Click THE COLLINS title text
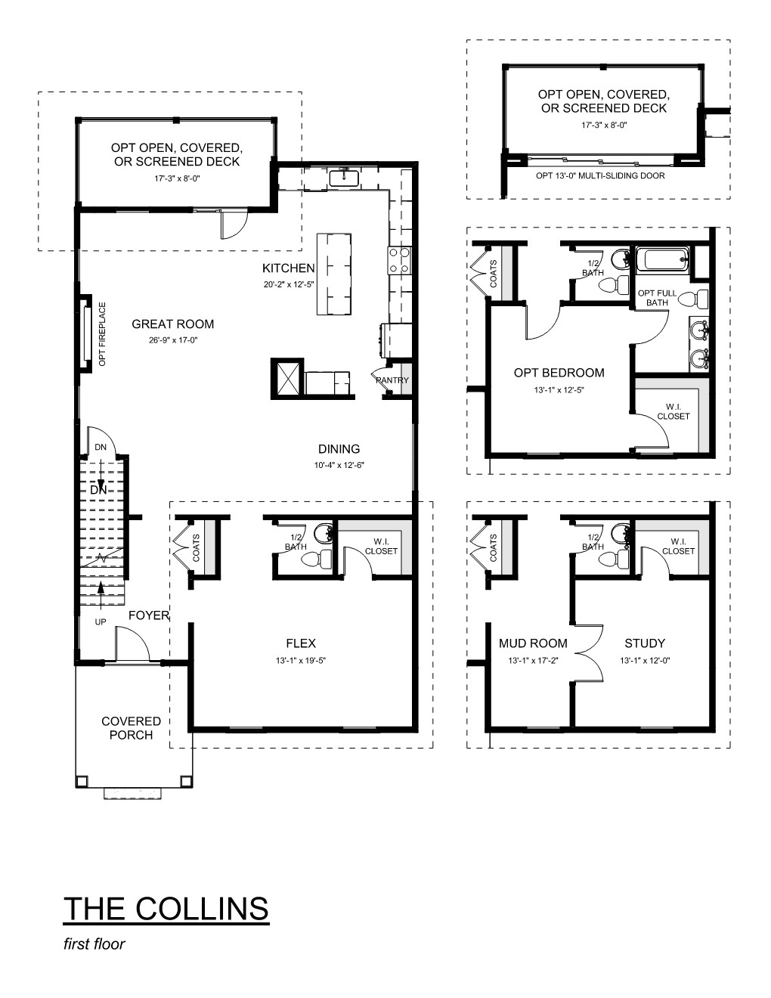(166, 908)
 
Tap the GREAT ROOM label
(172, 324)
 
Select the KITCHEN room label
(289, 268)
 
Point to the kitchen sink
(343, 178)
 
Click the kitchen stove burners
(400, 260)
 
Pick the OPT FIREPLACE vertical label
(102, 334)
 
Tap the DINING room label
(339, 448)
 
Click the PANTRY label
(392, 380)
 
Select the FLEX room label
(301, 643)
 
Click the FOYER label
(149, 615)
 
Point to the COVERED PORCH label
(131, 728)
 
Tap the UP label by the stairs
(101, 621)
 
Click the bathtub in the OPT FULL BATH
(662, 259)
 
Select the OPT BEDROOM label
(559, 373)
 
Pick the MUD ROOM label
(533, 643)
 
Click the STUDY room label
(645, 643)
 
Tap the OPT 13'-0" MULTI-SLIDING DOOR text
(600, 175)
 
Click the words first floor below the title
(94, 944)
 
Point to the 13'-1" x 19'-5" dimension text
(301, 661)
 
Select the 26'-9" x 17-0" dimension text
(173, 340)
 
